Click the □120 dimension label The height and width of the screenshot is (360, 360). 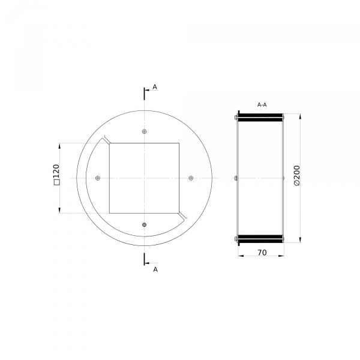pos(56,175)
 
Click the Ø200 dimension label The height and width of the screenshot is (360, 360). pos(296,176)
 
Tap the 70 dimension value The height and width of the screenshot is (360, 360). pos(262,253)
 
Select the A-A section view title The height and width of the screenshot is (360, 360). pos(262,105)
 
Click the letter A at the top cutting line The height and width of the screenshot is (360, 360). pos(155,87)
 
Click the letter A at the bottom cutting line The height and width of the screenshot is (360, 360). pos(155,269)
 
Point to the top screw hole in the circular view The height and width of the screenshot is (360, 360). pos(144,131)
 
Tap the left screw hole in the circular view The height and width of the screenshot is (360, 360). pos(98,178)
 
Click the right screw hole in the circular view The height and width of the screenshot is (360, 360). pos(191,178)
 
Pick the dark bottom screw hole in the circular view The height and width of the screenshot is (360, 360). pos(144,224)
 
